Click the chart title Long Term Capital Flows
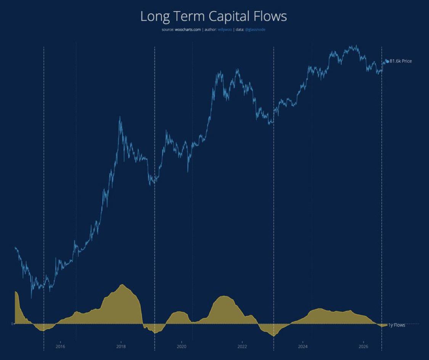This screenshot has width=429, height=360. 214,16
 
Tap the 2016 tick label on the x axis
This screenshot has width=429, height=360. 60,347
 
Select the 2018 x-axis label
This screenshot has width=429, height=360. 121,347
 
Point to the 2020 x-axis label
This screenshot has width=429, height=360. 182,347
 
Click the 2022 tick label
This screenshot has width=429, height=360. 242,347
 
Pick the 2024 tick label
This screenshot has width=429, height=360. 303,347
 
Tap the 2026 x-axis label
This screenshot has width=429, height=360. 363,347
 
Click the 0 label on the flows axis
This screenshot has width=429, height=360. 12,324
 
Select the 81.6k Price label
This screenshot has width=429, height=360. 400,61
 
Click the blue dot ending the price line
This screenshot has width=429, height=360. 387,61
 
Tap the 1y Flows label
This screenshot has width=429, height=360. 397,325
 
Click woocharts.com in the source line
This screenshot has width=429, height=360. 188,30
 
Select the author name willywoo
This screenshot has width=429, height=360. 225,30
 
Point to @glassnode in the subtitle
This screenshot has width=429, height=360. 255,30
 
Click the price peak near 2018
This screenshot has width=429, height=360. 120,117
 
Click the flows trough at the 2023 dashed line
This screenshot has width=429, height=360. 273,336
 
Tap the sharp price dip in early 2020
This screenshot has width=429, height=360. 188,171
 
